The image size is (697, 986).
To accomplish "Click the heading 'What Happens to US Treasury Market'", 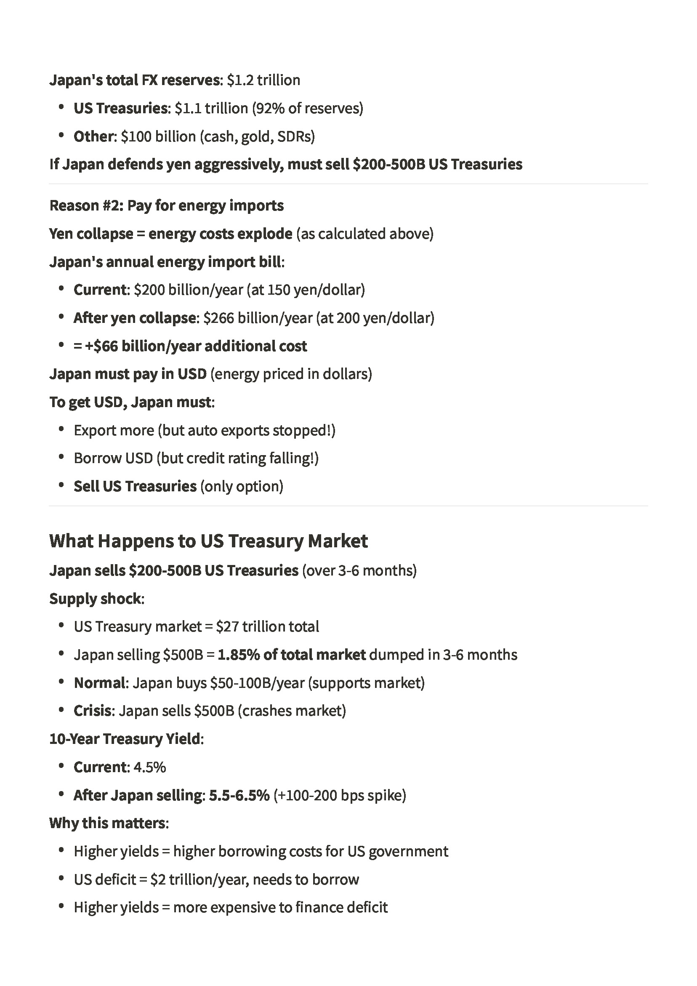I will click(208, 541).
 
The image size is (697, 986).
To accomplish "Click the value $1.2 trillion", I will click(263, 80).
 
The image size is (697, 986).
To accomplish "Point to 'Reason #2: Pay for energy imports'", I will click(167, 206).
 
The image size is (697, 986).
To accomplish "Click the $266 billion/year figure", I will click(258, 318).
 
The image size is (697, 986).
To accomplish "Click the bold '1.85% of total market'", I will click(292, 655).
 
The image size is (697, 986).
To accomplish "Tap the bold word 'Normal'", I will click(99, 683).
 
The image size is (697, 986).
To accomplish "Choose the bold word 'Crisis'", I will click(92, 711).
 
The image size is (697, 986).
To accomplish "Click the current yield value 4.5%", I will click(149, 767).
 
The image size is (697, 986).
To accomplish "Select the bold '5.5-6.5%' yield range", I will click(239, 795).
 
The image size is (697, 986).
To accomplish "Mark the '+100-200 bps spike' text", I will click(340, 795).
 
